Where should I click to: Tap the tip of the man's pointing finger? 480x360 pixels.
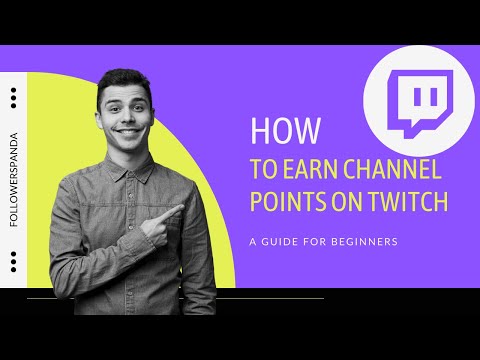[181, 210]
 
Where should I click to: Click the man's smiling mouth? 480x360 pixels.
[127, 127]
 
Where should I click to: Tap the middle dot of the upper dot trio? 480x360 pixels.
[12, 97]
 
